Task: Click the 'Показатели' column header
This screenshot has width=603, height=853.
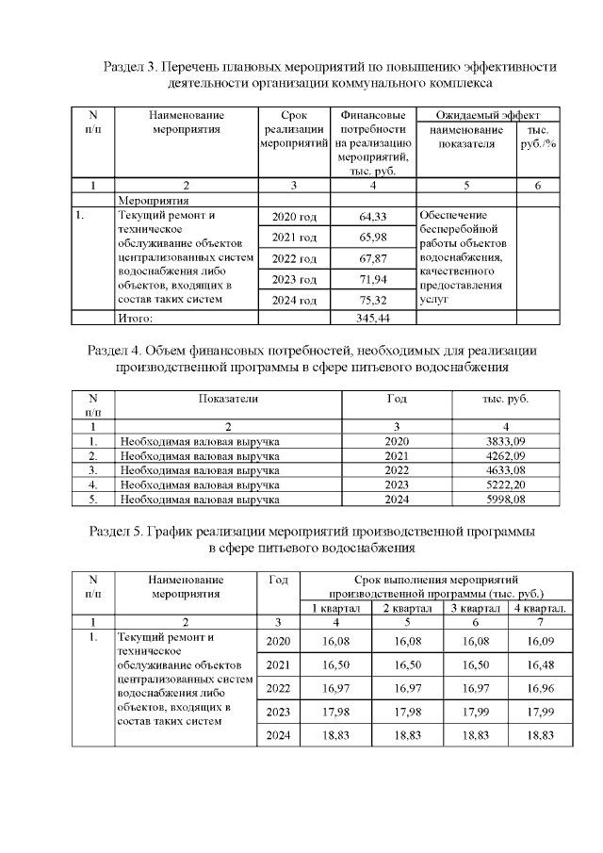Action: pos(228,399)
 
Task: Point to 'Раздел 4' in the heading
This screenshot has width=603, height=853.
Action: pos(114,350)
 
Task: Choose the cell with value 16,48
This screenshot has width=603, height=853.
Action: pos(539,664)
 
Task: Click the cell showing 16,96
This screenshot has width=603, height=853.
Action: pos(539,688)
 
